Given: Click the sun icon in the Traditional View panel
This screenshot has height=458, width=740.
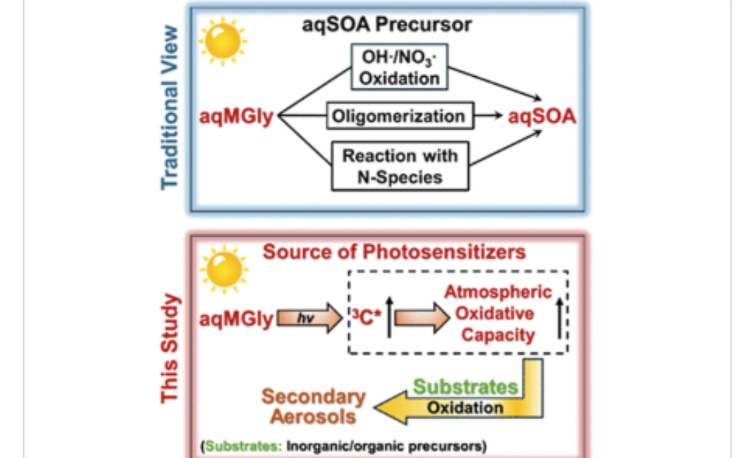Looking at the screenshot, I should [x=223, y=43].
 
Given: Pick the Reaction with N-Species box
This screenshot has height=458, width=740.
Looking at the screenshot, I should [x=400, y=166].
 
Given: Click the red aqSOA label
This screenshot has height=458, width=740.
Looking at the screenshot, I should [x=542, y=116].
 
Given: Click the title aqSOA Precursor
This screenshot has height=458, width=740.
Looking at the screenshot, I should [x=387, y=25].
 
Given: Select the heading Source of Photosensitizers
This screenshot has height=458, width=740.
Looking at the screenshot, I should [x=394, y=252].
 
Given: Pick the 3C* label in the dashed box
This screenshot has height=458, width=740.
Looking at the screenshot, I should [x=366, y=318].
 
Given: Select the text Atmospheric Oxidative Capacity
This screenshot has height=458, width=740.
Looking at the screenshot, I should [x=498, y=313].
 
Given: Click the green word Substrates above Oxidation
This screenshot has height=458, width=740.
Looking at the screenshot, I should [x=465, y=386].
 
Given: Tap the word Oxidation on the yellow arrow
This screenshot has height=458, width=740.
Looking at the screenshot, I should [x=465, y=407].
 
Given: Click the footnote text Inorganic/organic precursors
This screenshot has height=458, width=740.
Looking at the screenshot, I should [x=386, y=446].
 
